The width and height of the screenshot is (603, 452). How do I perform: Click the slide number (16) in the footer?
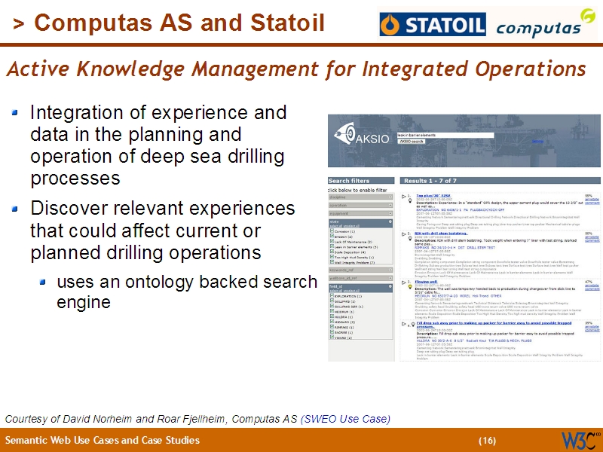pos(487,441)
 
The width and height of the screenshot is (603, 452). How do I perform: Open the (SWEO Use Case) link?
pos(345,419)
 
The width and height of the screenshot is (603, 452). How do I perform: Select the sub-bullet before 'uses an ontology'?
pos(44,282)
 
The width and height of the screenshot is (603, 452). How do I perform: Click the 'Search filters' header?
pos(349,181)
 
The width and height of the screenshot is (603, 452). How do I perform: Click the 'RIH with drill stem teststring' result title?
pos(445,234)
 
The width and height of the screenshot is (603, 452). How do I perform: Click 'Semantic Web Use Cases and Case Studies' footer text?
pos(103,441)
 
